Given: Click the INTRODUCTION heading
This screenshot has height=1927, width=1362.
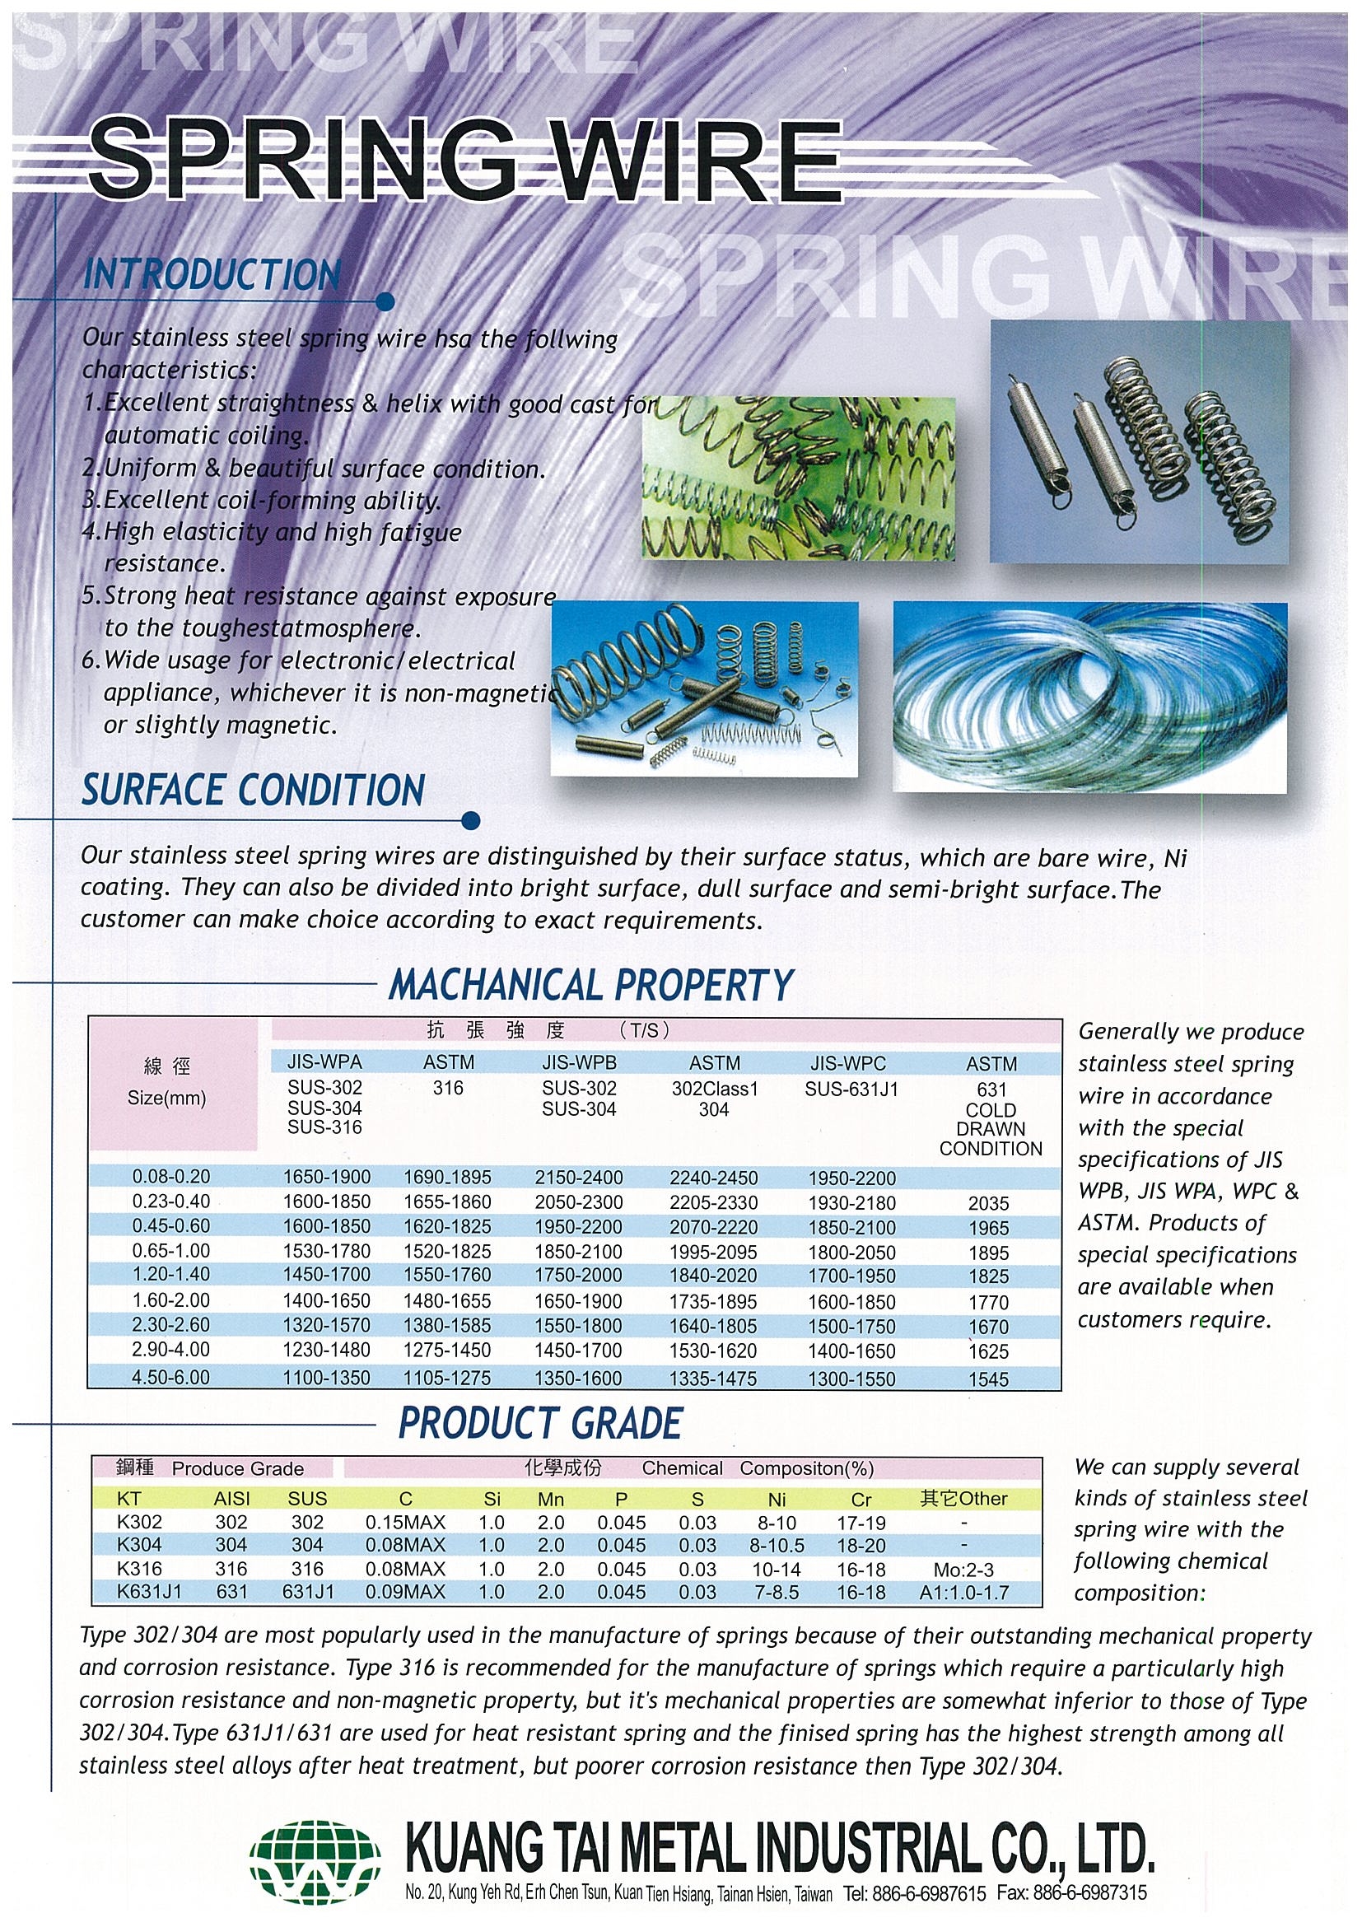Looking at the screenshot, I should (212, 276).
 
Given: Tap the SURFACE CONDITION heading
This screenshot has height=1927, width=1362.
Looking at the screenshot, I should (253, 791).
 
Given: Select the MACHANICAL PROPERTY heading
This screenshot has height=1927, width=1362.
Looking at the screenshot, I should (590, 984).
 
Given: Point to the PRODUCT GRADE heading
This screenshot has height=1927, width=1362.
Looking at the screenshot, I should (540, 1424).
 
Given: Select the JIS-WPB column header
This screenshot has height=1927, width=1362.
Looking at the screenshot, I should (579, 1063).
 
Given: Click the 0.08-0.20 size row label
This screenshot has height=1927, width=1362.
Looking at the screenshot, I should (171, 1177).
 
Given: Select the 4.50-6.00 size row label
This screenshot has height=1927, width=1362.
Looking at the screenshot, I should (171, 1377).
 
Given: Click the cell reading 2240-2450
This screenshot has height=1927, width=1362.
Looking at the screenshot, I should (713, 1178).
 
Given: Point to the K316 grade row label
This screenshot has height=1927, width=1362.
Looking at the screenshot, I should (140, 1569).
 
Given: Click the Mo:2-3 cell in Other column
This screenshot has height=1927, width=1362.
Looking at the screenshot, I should (963, 1570).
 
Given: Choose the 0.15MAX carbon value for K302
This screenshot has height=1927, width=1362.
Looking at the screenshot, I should (405, 1523).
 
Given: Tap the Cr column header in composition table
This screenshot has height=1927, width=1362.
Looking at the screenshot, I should (861, 1499).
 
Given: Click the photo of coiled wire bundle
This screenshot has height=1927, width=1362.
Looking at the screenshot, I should (1089, 698).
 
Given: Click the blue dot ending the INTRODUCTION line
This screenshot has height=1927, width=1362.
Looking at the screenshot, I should (385, 301).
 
